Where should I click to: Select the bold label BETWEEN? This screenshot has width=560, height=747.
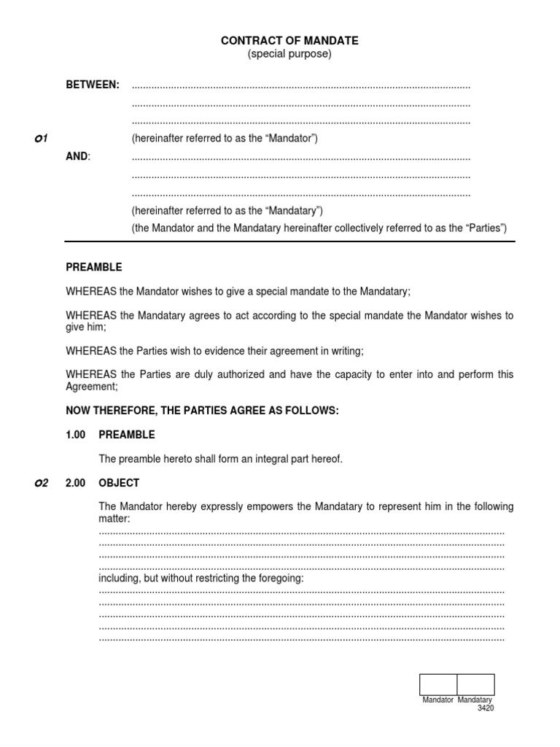click(x=93, y=85)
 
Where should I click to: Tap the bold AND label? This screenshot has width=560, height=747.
click(x=77, y=157)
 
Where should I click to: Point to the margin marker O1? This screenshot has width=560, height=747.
click(x=41, y=139)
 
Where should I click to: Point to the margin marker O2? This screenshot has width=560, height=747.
click(x=41, y=483)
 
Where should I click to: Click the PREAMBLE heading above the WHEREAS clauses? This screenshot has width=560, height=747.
click(x=94, y=268)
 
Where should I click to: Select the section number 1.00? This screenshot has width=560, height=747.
click(x=75, y=435)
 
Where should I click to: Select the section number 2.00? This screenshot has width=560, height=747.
click(x=75, y=483)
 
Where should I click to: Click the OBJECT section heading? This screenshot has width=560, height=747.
click(x=119, y=483)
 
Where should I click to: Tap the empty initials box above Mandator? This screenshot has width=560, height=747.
click(x=437, y=684)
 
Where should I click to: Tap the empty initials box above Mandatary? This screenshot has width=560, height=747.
click(x=475, y=684)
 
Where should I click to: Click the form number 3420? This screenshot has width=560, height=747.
click(x=486, y=708)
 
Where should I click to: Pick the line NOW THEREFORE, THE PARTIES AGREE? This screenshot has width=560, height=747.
click(x=202, y=411)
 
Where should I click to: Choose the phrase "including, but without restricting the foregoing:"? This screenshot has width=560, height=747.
click(x=201, y=578)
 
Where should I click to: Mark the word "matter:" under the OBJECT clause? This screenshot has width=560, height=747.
click(x=114, y=519)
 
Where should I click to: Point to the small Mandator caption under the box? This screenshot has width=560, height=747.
click(x=438, y=700)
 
